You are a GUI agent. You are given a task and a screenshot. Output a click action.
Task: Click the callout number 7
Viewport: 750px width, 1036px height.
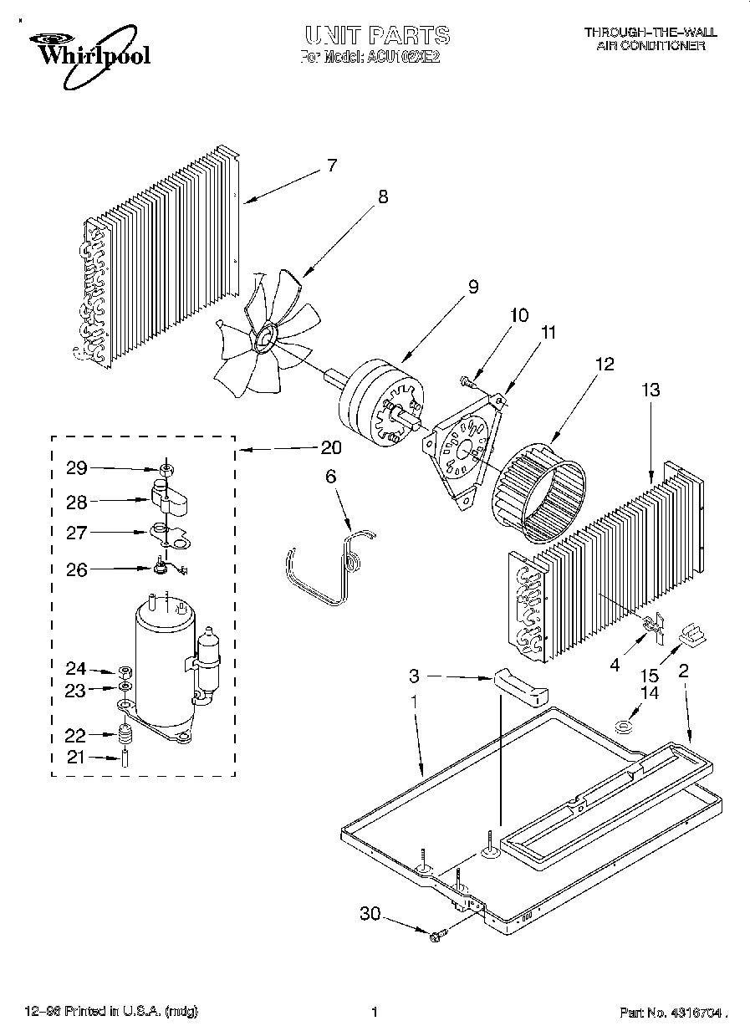[x=331, y=166]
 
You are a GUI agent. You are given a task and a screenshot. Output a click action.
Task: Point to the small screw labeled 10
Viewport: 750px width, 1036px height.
[x=467, y=382]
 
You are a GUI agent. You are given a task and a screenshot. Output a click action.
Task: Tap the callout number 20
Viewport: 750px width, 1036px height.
[x=331, y=447]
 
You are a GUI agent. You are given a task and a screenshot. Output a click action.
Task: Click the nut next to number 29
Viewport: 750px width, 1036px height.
[x=166, y=468]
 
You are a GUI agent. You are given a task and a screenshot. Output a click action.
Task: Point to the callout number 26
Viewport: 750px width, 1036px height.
[x=77, y=569]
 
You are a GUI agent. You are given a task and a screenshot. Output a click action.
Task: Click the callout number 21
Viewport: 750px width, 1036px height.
[x=77, y=758]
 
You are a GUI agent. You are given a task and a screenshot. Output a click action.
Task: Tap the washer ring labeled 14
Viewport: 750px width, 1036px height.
[x=623, y=726]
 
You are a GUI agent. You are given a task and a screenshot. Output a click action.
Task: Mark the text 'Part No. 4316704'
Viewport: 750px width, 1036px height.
[x=670, y=1013]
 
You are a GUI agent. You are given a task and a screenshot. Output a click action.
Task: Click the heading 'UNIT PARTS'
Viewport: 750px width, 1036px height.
[x=376, y=35]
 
